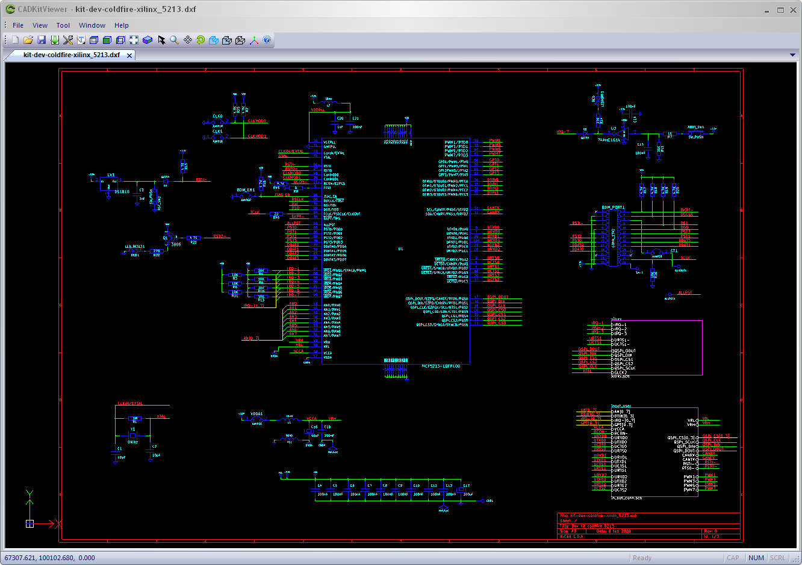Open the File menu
pyautogui.click(x=18, y=25)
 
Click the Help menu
pyautogui.click(x=122, y=25)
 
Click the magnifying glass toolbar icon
pyautogui.click(x=174, y=40)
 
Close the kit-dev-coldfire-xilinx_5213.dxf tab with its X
pyautogui.click(x=129, y=55)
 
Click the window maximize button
pyautogui.click(x=780, y=10)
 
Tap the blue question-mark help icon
pyautogui.click(x=267, y=40)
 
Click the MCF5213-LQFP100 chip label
pyautogui.click(x=441, y=366)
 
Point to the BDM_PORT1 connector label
pyautogui.click(x=613, y=208)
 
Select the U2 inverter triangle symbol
pyautogui.click(x=624, y=132)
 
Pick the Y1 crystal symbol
pyautogui.click(x=132, y=435)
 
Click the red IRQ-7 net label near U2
pyautogui.click(x=563, y=131)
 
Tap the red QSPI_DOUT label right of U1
pyautogui.click(x=497, y=297)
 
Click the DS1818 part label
pyautogui.click(x=122, y=192)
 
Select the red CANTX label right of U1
pyautogui.click(x=493, y=208)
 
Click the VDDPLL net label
pyautogui.click(x=318, y=110)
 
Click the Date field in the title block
pyautogui.click(x=613, y=531)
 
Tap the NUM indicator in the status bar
pyautogui.click(x=756, y=558)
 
